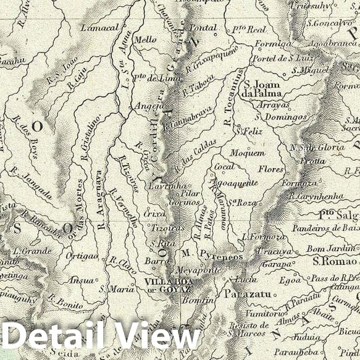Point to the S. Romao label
coord(329,261)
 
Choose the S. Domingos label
coord(281,115)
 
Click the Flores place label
coord(271,168)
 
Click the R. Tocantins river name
coord(233,102)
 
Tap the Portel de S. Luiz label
coord(279,58)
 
